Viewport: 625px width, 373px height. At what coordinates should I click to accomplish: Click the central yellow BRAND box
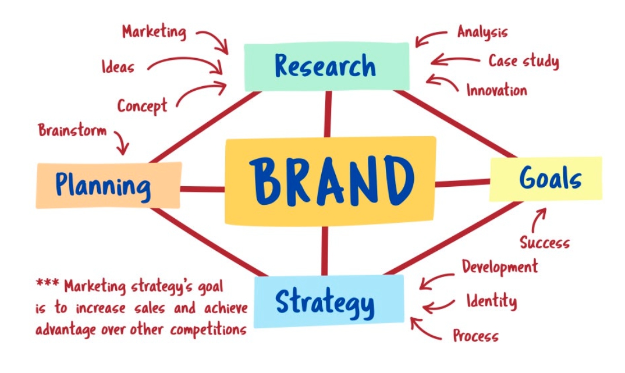point(330,180)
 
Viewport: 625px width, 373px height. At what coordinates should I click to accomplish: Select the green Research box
point(326,66)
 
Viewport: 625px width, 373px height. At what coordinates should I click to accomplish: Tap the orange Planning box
point(108,185)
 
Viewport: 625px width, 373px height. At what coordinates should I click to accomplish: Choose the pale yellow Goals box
point(546,179)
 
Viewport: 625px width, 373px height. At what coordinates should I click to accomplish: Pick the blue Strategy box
point(329,300)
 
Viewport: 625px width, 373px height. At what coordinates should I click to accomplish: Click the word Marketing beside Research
point(154,31)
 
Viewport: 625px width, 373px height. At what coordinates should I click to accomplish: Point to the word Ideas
point(118,67)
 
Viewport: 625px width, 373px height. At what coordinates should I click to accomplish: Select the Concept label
point(142,106)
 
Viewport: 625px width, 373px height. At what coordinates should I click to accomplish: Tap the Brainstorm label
point(73,129)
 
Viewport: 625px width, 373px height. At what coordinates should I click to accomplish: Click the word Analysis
point(482,31)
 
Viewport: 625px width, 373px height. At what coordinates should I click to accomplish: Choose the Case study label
point(523,61)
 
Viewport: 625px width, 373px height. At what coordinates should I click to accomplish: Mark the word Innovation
point(496,90)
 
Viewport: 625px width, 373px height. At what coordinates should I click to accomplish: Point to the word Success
point(544,242)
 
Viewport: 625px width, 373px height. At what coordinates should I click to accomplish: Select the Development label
point(500,267)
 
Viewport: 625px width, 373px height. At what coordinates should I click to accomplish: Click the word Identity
point(491,301)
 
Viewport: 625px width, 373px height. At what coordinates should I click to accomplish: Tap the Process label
point(475,336)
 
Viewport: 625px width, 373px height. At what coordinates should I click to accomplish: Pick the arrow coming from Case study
point(454,59)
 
